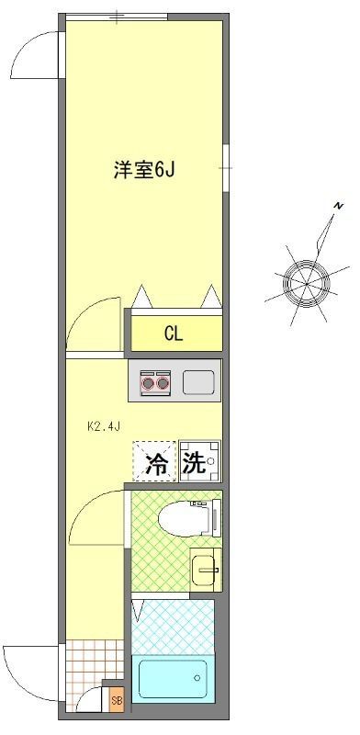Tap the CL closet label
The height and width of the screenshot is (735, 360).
coord(174,334)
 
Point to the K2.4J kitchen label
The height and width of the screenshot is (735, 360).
coord(103,427)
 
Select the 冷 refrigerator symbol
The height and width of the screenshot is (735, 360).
coord(156,462)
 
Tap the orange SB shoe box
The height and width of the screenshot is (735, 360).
coord(116,700)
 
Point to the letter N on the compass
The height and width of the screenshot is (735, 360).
coord(338,205)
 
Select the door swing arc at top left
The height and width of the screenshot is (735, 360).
coord(33,57)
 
